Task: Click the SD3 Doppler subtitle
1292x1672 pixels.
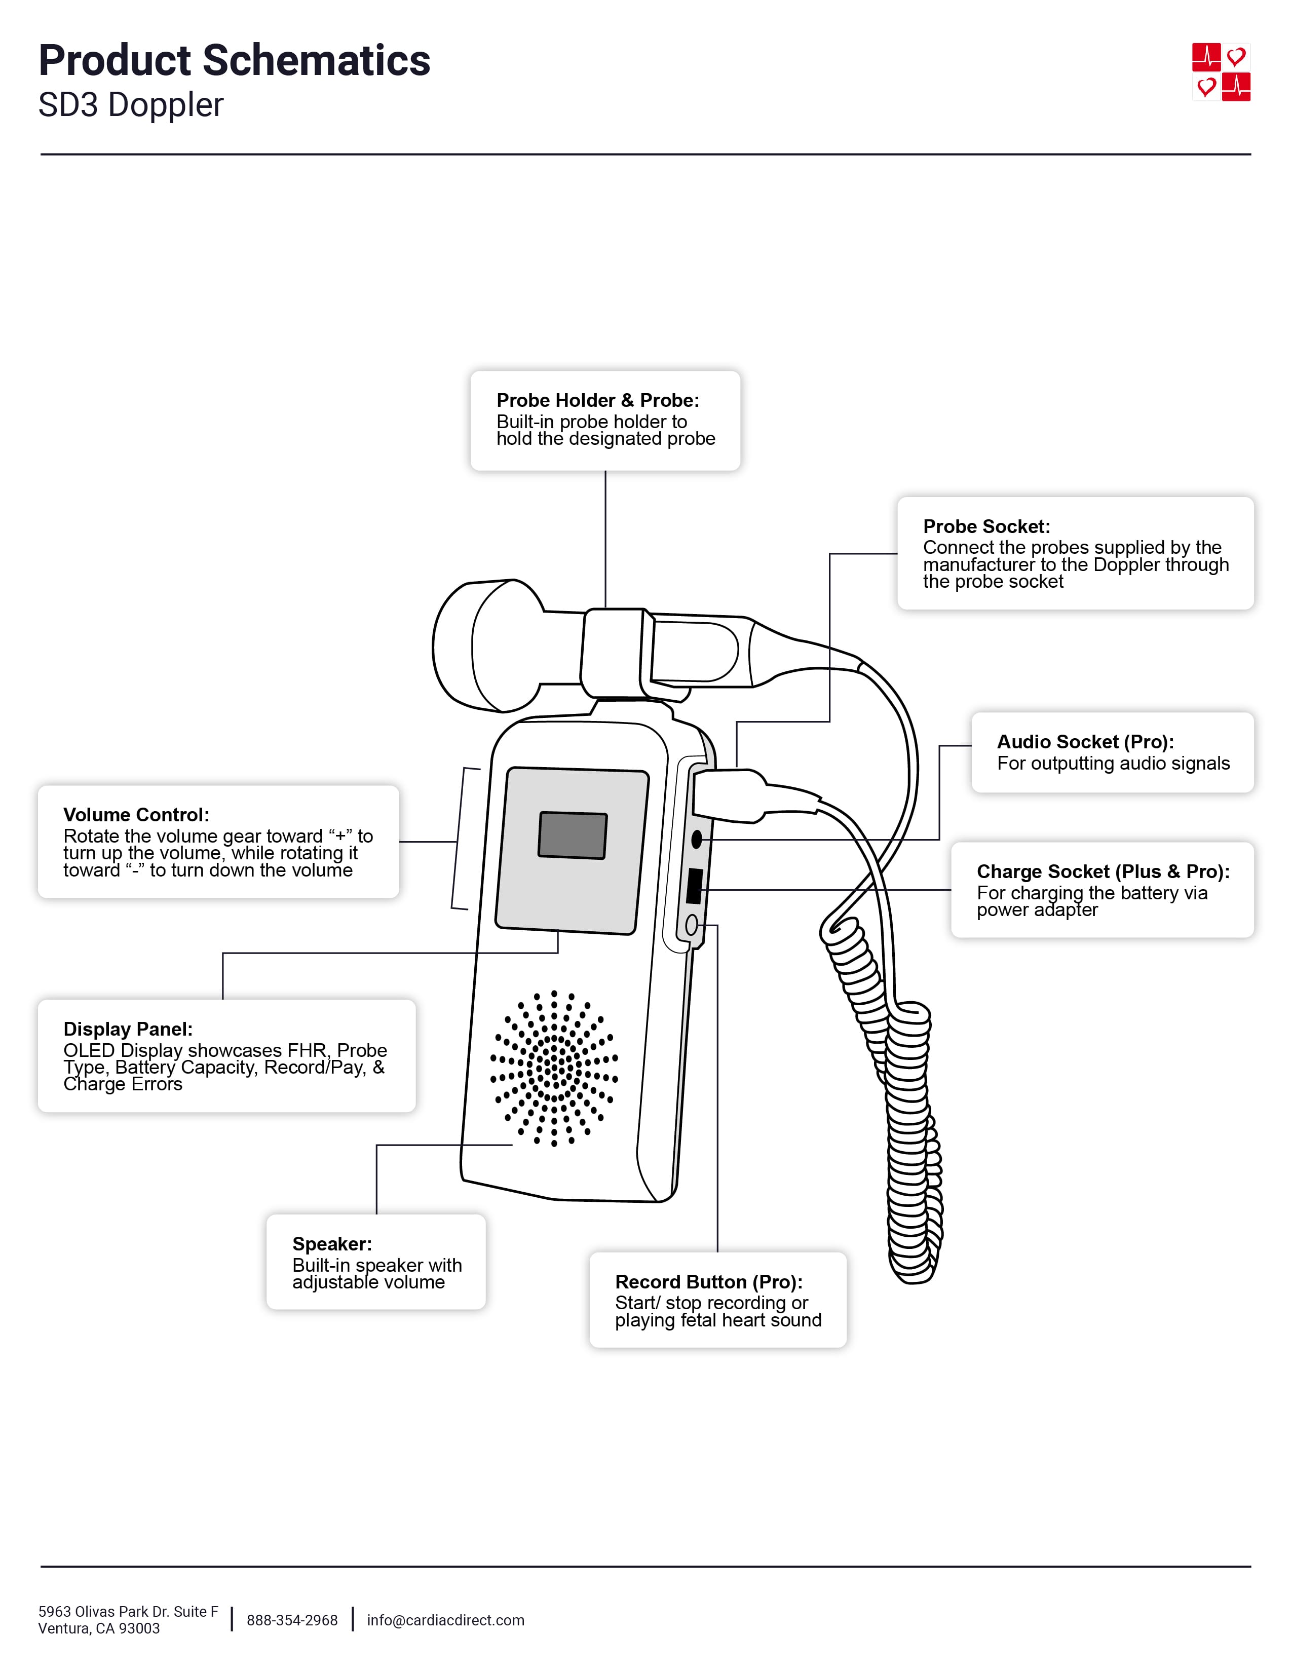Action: [x=131, y=105]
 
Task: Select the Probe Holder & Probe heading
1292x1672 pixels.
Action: [x=597, y=400]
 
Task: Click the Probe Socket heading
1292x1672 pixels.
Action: [x=986, y=527]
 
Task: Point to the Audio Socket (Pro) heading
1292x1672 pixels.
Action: [x=1085, y=742]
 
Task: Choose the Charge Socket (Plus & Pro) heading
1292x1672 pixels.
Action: [x=1102, y=871]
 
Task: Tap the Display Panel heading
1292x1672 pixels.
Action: [x=128, y=1029]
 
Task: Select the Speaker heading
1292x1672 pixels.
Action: [x=331, y=1244]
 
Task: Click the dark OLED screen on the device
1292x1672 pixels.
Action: [x=573, y=835]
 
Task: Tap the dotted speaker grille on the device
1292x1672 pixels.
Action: [x=553, y=1068]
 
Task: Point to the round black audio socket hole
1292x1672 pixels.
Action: [x=696, y=840]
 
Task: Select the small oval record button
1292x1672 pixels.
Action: [x=691, y=926]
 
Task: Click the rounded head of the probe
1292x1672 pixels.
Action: [x=482, y=646]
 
